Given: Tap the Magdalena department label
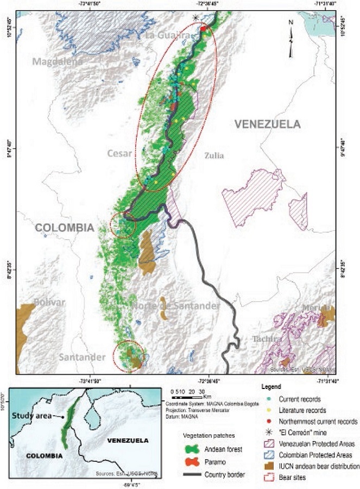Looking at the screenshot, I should (58, 61).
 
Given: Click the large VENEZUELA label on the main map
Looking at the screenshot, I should (267, 124).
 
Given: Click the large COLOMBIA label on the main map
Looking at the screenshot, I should (65, 228).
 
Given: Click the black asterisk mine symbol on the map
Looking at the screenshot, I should (196, 18).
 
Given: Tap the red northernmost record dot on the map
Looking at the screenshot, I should (203, 28).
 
